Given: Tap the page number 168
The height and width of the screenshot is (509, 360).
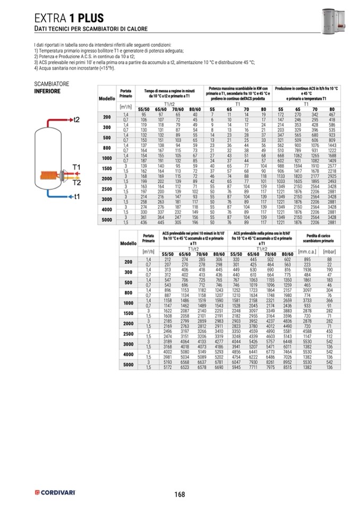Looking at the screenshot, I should point(179,494).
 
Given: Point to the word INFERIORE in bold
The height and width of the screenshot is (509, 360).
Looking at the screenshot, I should point(47,91).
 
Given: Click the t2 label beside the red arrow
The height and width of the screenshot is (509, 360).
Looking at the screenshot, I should point(76,119).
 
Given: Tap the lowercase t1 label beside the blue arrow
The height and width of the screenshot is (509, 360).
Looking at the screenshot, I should point(76,196).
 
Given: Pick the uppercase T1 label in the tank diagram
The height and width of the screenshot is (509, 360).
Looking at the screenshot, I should point(76,168).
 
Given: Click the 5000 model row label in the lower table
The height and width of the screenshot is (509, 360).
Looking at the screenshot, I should point(128,365).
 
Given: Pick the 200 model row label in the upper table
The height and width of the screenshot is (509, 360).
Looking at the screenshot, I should point(107,117).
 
